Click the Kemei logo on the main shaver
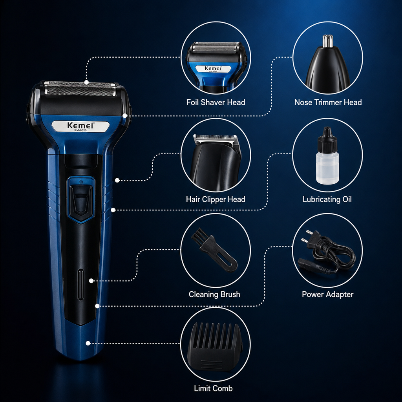[80, 125]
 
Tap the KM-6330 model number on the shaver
[80, 130]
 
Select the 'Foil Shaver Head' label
[216, 102]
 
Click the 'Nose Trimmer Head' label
[328, 102]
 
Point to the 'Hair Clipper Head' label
[216, 199]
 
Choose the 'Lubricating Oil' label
[327, 199]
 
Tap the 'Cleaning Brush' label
[214, 294]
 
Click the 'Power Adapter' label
[328, 294]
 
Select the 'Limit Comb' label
[213, 388]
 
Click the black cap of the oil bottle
[327, 139]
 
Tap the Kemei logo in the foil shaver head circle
[213, 69]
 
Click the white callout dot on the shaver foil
[86, 82]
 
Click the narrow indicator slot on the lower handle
[80, 284]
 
